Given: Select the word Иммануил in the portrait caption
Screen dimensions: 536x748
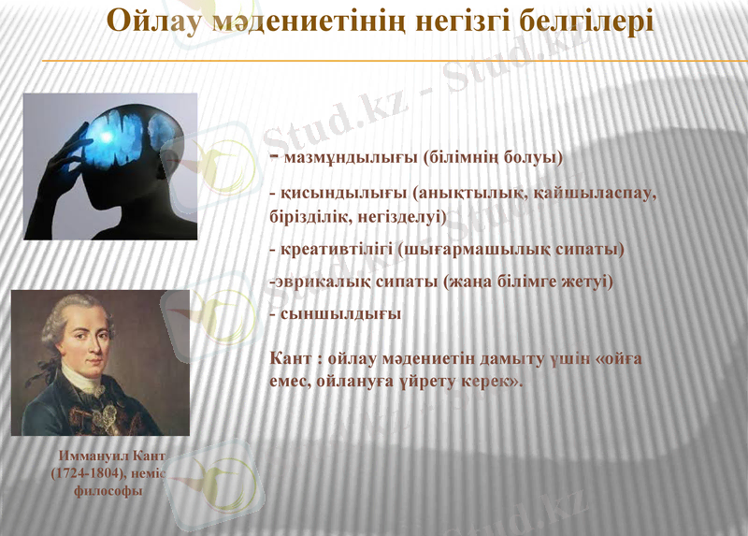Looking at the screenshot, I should click(93, 457).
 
